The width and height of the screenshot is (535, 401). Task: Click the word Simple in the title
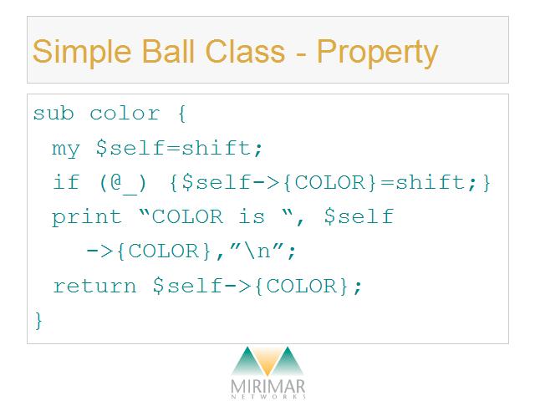click(x=82, y=52)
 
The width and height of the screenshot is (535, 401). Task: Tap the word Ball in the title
click(x=168, y=51)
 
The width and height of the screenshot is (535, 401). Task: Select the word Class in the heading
click(x=245, y=51)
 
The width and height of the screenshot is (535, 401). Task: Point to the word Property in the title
click(x=377, y=53)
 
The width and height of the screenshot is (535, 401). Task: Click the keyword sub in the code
click(x=53, y=113)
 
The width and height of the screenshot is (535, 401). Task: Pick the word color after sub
click(x=125, y=114)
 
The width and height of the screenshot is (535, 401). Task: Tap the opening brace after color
click(x=182, y=114)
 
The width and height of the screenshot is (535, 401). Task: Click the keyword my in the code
click(x=66, y=149)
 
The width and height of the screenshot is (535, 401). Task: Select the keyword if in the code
click(x=66, y=182)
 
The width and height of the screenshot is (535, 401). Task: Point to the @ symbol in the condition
click(x=116, y=182)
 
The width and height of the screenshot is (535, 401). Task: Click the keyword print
click(x=87, y=217)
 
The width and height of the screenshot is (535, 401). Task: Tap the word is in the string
click(x=252, y=216)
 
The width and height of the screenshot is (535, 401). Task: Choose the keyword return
click(x=94, y=286)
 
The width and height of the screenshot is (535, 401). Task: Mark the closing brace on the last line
click(x=38, y=321)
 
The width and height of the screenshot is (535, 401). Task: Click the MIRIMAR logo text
click(x=267, y=387)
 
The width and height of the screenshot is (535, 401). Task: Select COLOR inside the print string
click(x=187, y=217)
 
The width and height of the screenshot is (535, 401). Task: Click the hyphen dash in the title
click(x=301, y=53)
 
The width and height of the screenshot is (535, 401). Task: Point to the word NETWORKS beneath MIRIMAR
click(x=268, y=397)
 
